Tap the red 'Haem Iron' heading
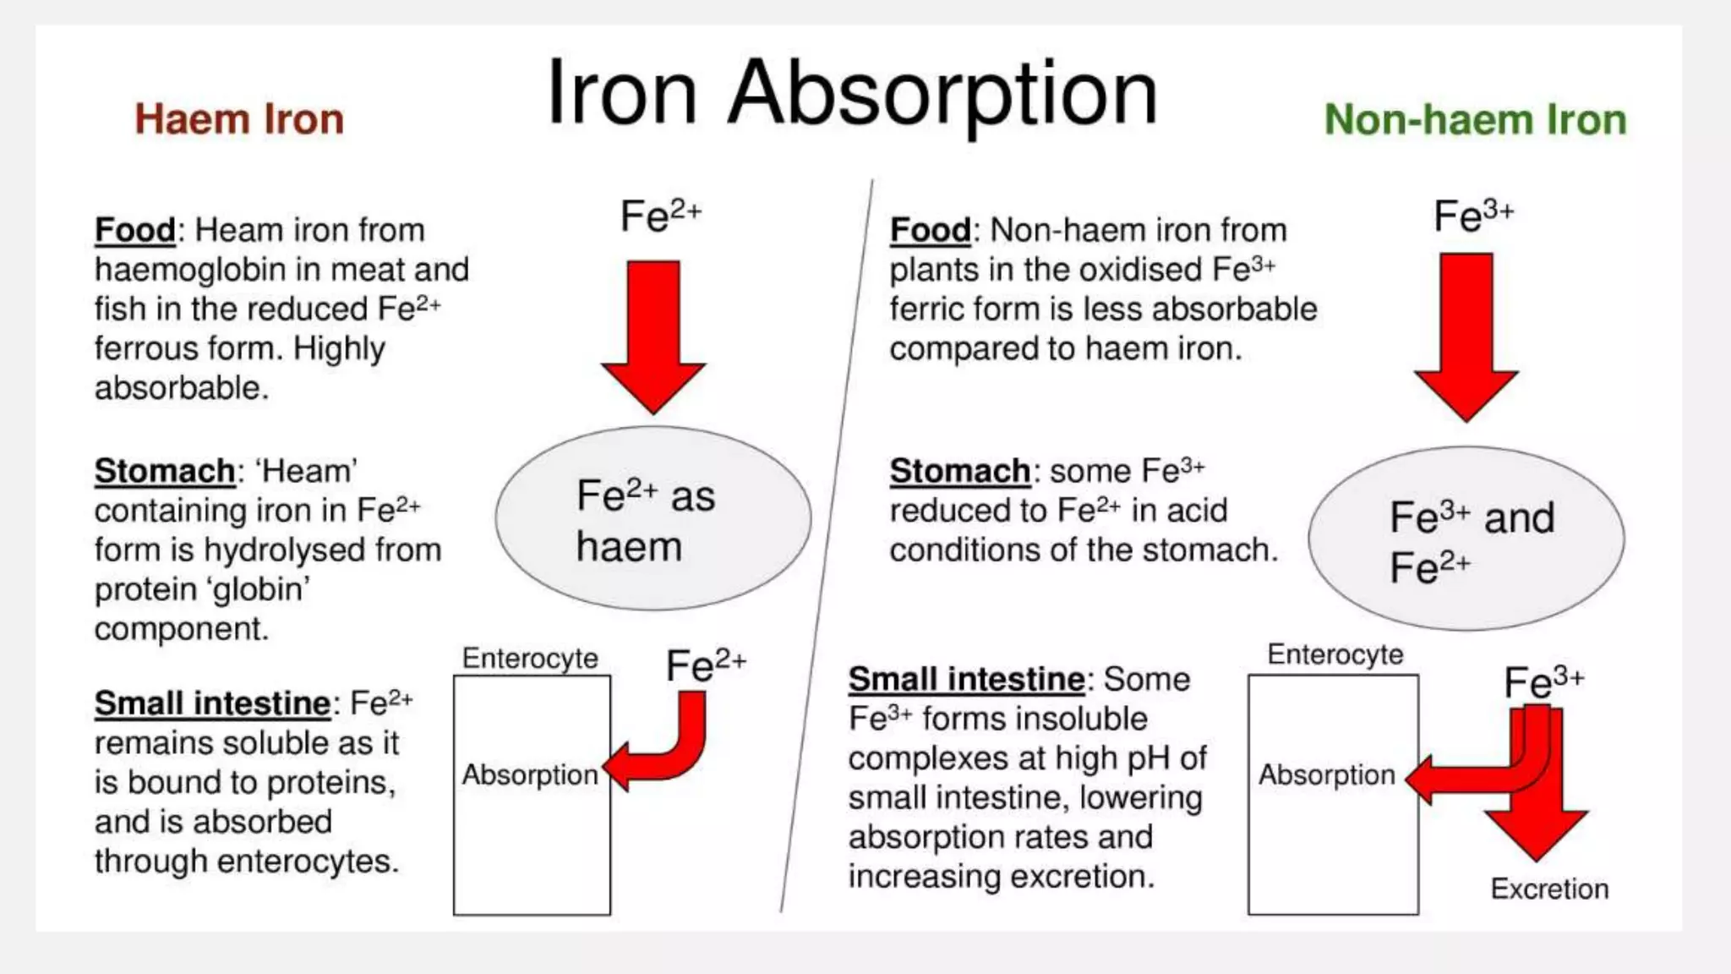239,119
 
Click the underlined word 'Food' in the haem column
134,230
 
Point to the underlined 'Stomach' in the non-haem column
959,471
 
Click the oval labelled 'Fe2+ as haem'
653,518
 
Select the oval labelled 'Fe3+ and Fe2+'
1466,539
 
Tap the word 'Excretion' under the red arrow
1549,889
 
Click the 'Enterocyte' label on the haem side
530,658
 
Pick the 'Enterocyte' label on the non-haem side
1335,654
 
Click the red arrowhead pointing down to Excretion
1536,833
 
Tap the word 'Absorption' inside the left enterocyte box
529,774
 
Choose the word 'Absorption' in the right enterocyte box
1326,774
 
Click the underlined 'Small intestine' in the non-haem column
966,679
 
